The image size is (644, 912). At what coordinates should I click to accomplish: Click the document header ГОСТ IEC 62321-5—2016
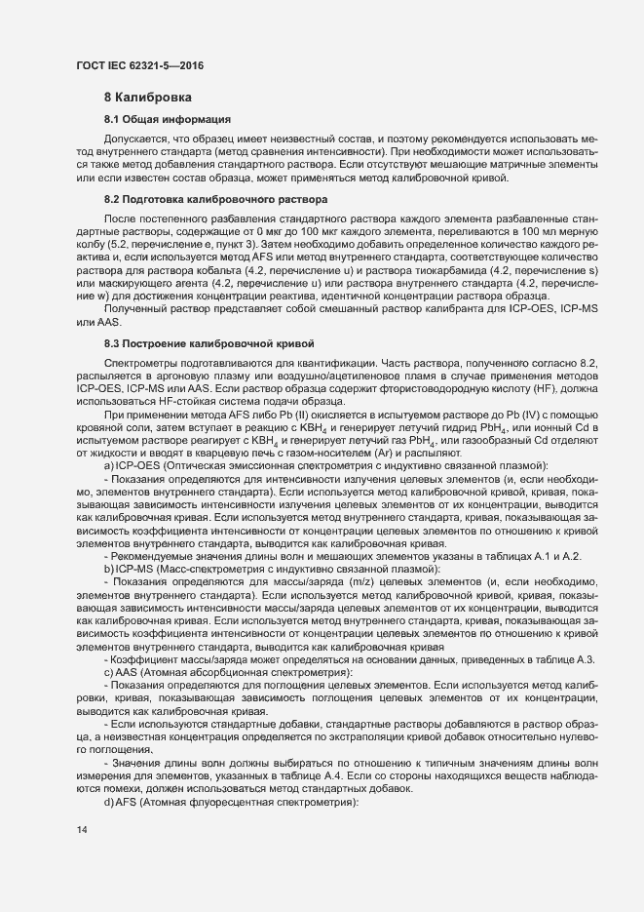(139, 65)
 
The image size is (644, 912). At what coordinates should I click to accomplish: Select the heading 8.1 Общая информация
(168, 119)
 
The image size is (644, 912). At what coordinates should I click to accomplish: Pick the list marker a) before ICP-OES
(108, 466)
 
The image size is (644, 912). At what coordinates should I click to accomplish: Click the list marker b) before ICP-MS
(108, 568)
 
